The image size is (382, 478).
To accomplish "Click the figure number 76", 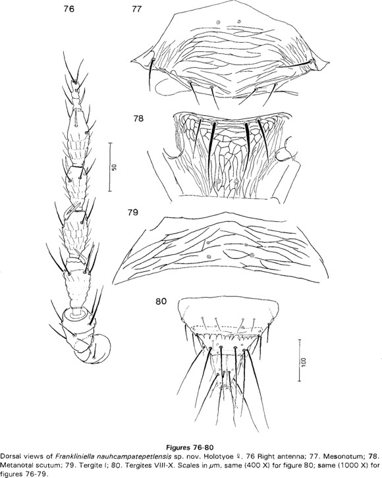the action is coord(68,9).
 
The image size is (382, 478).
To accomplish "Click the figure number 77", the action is coord(137,9).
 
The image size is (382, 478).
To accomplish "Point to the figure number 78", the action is coord(138,119).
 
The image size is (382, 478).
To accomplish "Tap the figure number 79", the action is coord(132,212).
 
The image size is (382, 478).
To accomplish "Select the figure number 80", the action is coord(161,301).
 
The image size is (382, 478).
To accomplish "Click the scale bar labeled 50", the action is coord(110,167).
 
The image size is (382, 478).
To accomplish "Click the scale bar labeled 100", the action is coord(300,360).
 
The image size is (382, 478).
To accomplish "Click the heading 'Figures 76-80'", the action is coord(189,447).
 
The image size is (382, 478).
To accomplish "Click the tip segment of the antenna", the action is coord(76,86).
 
